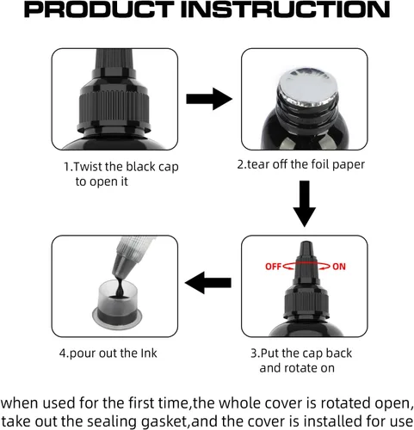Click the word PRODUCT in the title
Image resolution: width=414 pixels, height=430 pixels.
tap(99, 9)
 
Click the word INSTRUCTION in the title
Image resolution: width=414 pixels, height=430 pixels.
tap(286, 9)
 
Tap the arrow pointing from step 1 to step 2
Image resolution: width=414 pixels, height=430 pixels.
tap(209, 99)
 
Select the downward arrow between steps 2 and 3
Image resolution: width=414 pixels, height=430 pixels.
tap(305, 204)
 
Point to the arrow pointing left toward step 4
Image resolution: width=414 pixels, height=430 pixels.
tap(208, 283)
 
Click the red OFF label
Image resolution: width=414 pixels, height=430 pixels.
tap(273, 267)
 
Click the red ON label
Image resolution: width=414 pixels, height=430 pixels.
tap(339, 267)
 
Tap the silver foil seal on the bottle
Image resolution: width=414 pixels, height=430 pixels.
tap(307, 87)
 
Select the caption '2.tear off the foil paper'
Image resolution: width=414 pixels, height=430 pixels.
tap(301, 164)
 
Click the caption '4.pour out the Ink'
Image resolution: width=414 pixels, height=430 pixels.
tap(108, 353)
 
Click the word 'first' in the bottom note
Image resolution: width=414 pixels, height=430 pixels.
tap(140, 403)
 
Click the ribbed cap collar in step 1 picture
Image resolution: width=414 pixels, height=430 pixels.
tap(114, 107)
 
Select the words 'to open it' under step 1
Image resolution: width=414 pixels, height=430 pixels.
tap(102, 181)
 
